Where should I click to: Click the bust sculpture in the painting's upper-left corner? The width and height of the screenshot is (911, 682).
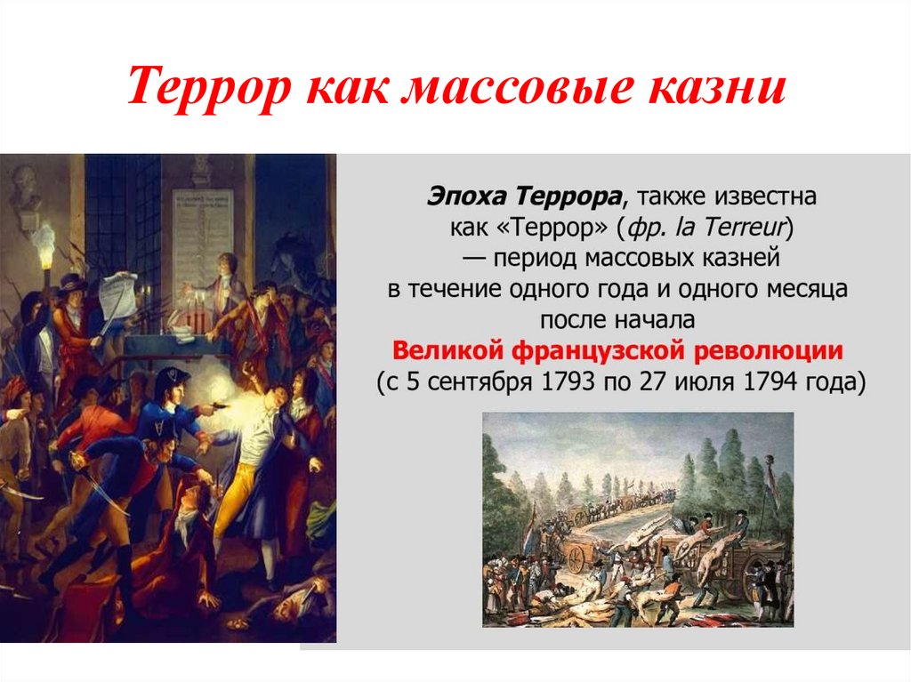click(27, 186)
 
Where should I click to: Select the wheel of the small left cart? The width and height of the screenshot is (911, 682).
click(576, 558)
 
